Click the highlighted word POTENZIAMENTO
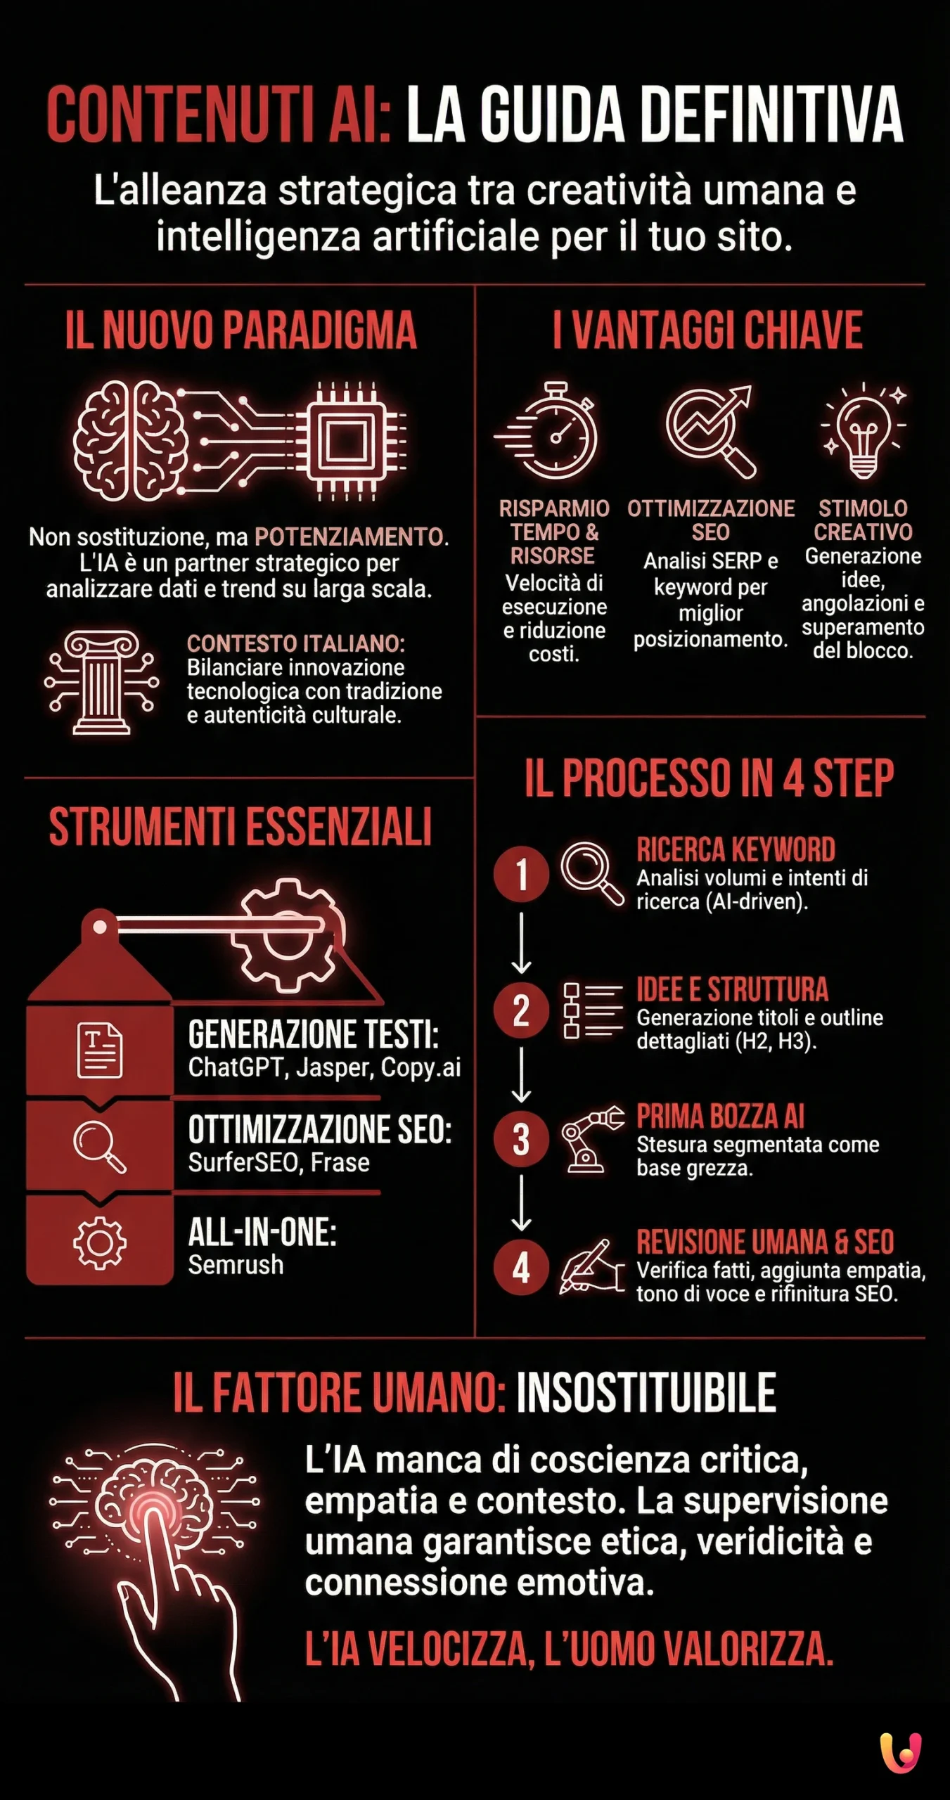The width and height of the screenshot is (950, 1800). (349, 537)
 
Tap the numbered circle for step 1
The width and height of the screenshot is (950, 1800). (521, 874)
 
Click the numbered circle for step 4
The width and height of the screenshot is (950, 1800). (521, 1268)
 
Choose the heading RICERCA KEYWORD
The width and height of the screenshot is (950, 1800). (736, 849)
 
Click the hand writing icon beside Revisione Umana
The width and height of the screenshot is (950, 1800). (591, 1268)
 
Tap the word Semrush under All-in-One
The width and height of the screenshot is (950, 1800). (236, 1265)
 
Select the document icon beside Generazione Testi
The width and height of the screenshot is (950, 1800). (99, 1050)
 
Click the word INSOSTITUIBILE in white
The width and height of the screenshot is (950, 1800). (646, 1393)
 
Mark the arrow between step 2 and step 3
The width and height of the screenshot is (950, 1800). (521, 1074)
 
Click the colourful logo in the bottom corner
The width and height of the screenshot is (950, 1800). (900, 1752)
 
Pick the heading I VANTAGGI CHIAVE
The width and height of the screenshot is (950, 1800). (707, 330)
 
